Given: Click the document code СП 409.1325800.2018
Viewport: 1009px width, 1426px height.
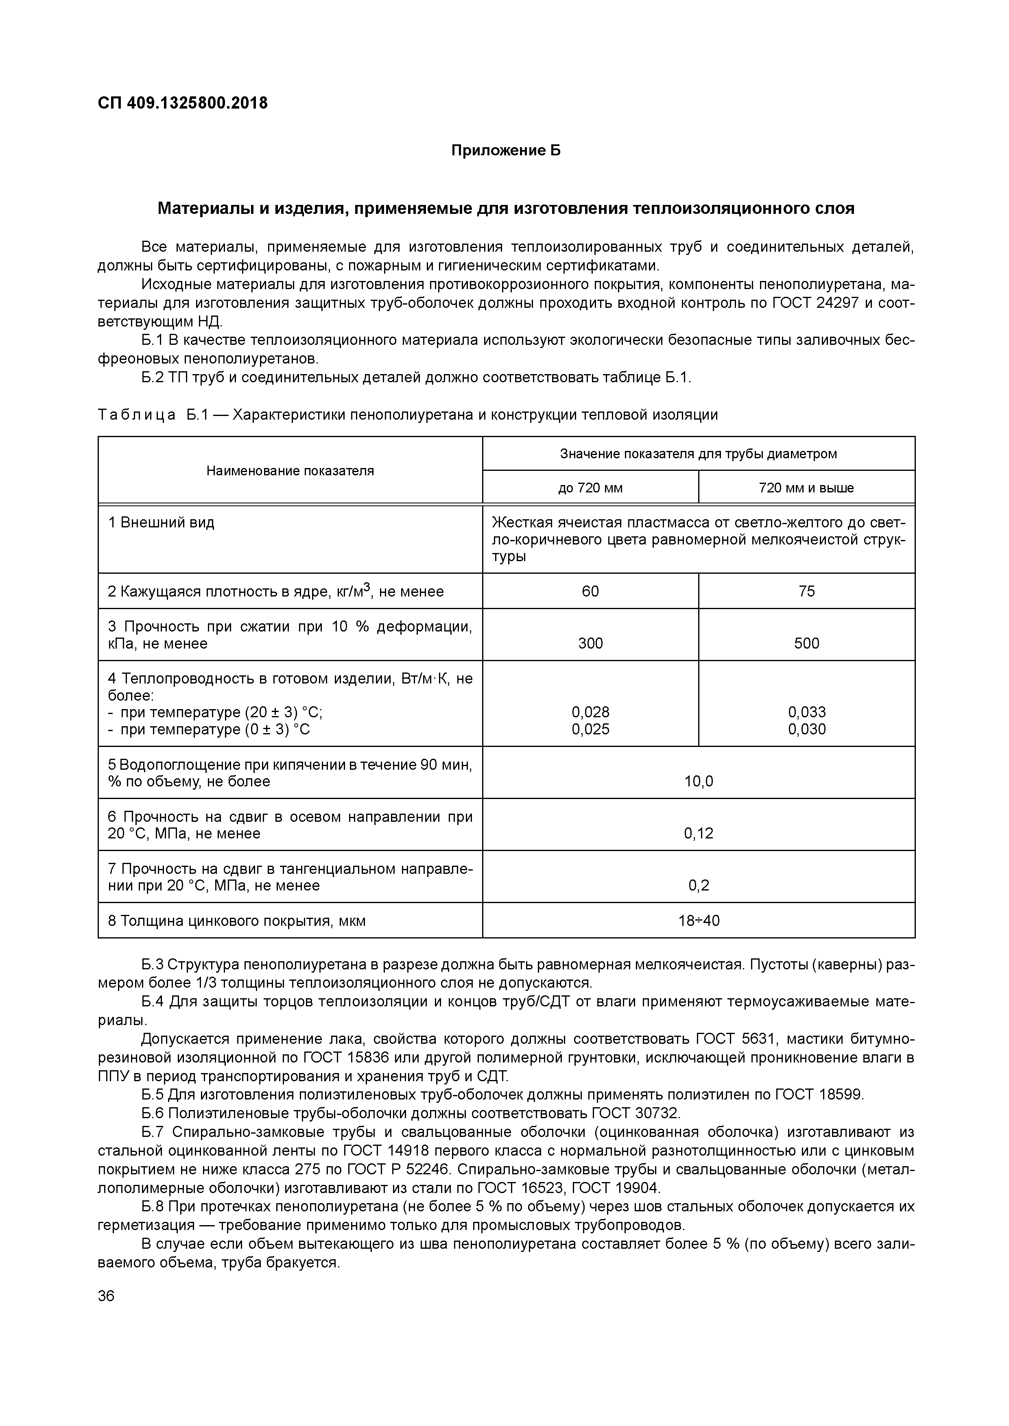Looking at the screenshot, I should pyautogui.click(x=183, y=103).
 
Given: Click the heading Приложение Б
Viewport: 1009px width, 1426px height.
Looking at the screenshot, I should pyautogui.click(x=505, y=150).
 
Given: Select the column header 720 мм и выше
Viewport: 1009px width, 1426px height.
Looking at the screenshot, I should pyautogui.click(x=806, y=488).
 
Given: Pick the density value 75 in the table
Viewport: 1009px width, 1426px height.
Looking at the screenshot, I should pyautogui.click(x=806, y=591).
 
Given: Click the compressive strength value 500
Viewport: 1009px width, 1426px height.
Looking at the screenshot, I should pyautogui.click(x=806, y=643).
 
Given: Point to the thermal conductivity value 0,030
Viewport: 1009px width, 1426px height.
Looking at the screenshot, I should pyautogui.click(x=806, y=729).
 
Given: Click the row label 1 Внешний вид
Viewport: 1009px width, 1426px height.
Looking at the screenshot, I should pyautogui.click(x=162, y=523).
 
